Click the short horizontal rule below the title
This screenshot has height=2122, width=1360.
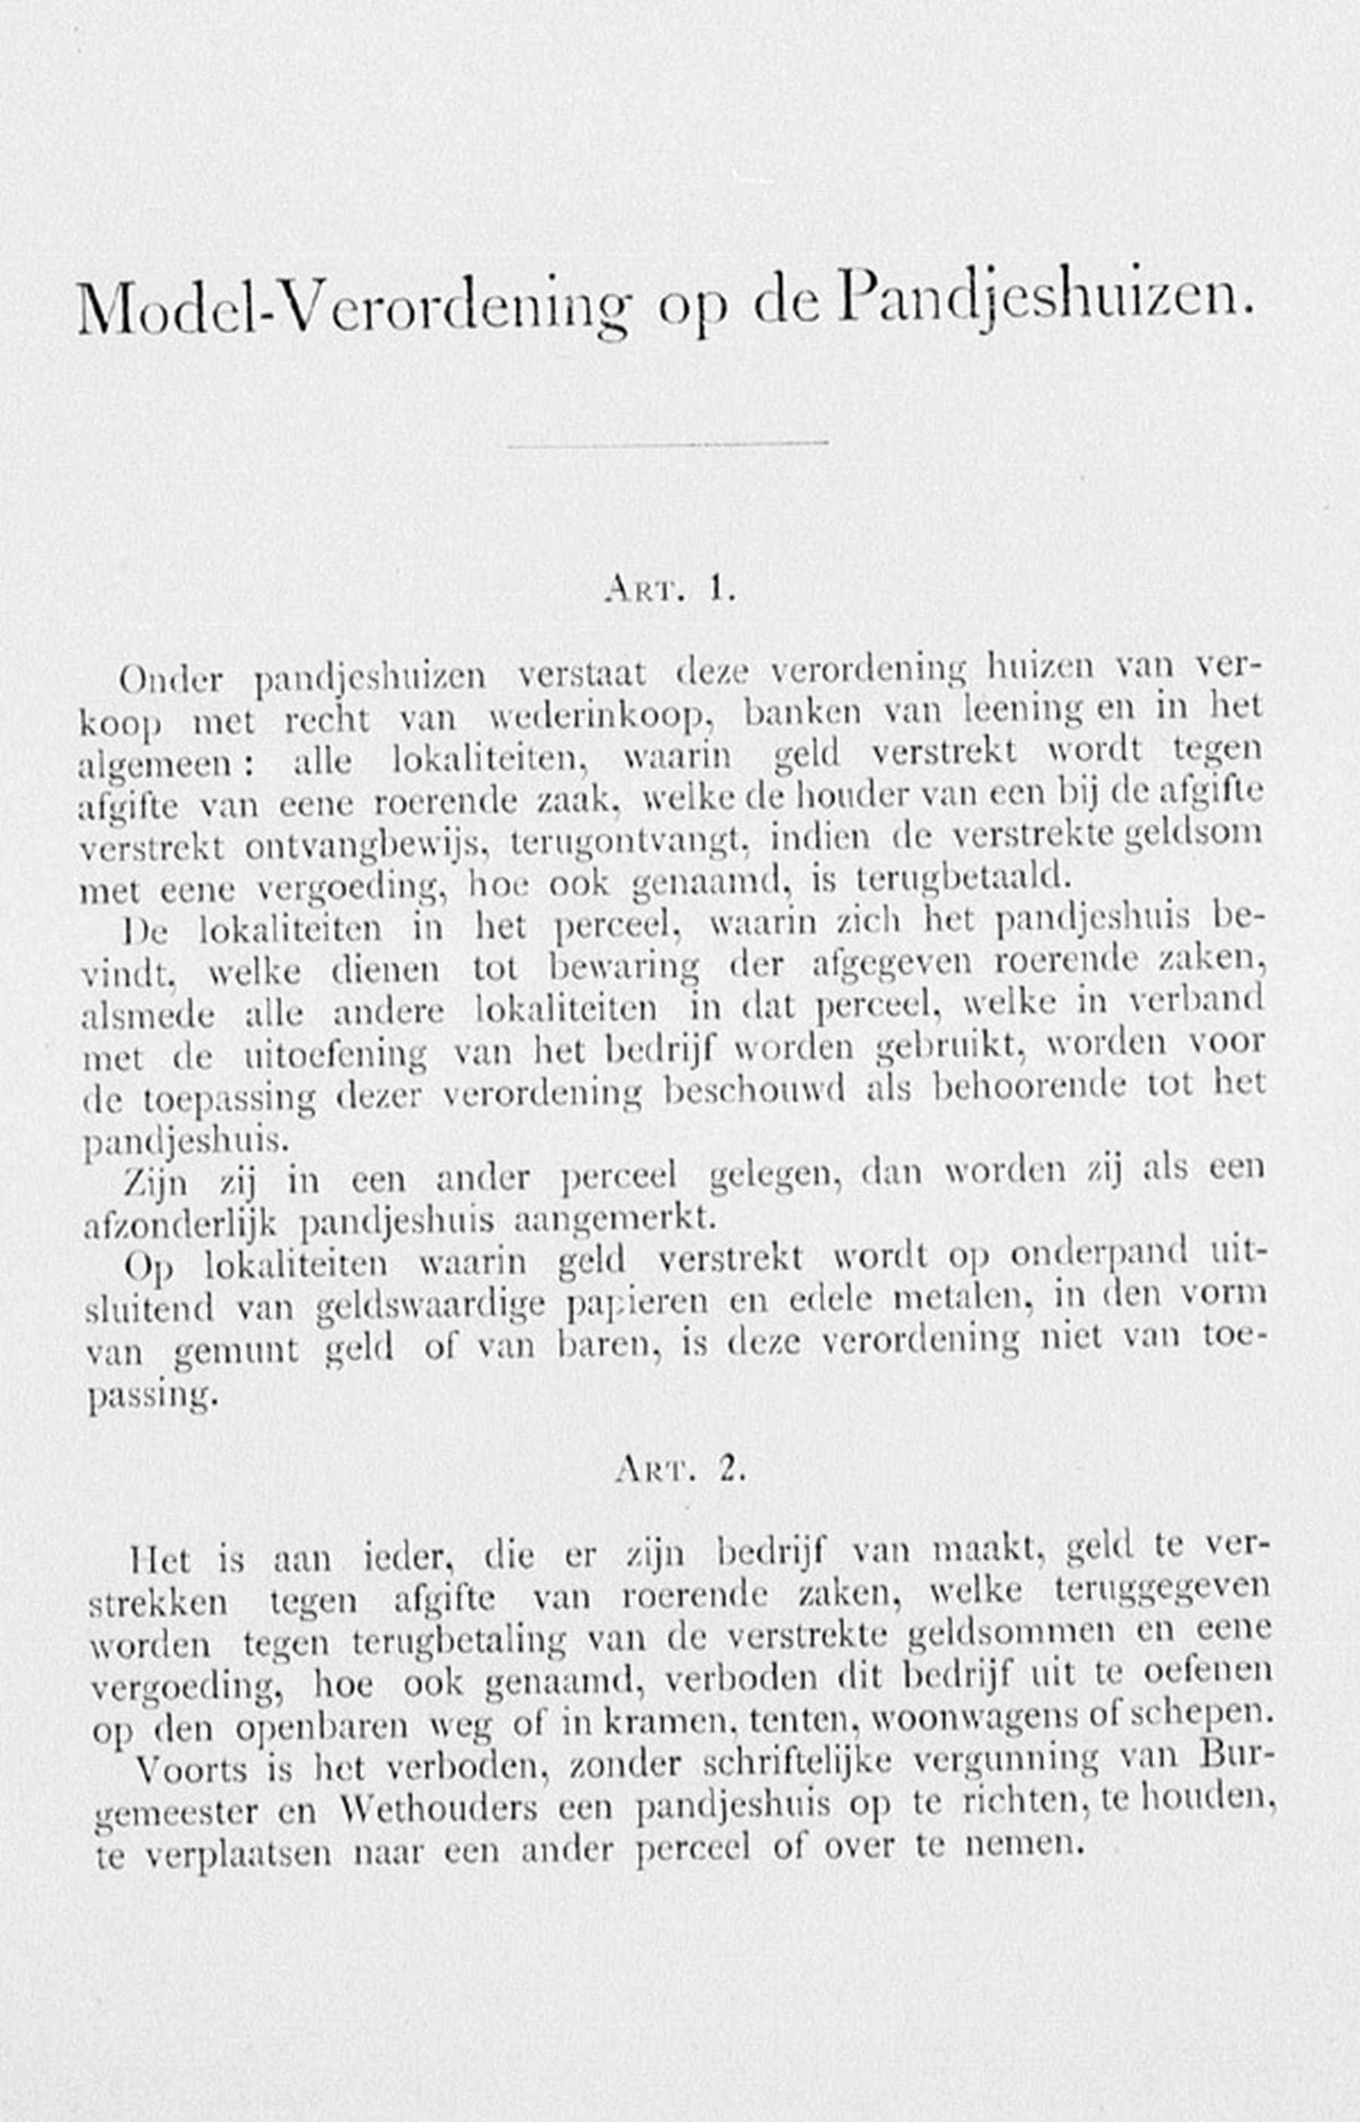[x=668, y=444]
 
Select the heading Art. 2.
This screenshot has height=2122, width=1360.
[x=681, y=1468]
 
